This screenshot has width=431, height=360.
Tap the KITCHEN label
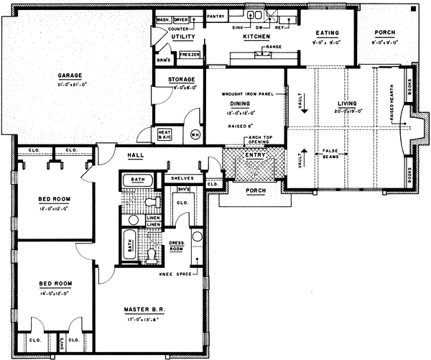click(x=256, y=35)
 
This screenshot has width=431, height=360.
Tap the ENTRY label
click(x=254, y=154)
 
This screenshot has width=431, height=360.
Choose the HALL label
click(x=136, y=155)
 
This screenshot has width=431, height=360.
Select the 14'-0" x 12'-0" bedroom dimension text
click(x=55, y=292)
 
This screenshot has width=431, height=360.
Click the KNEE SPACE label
click(x=177, y=274)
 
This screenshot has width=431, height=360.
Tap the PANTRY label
click(x=215, y=14)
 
